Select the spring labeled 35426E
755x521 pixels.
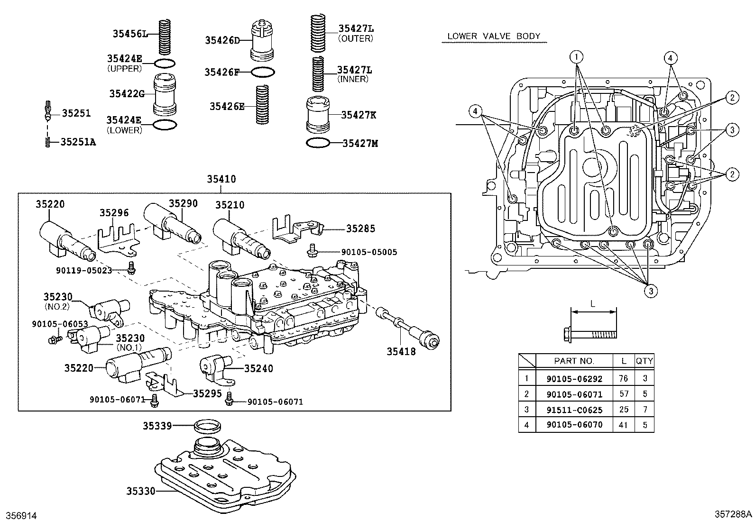click(262, 105)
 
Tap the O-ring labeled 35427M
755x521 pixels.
click(317, 143)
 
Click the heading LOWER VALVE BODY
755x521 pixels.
click(494, 36)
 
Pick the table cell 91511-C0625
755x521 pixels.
click(574, 409)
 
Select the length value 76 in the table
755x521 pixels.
click(623, 378)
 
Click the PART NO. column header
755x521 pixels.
click(574, 361)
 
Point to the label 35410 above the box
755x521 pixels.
click(221, 179)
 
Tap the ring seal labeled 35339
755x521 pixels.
click(207, 426)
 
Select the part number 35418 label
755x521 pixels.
click(401, 351)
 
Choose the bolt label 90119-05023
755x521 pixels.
click(83, 270)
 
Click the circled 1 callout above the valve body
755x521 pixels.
click(577, 57)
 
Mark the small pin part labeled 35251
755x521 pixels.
click(47, 111)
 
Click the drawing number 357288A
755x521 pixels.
click(733, 514)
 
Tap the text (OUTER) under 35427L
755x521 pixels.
click(355, 38)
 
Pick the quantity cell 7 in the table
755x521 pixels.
click(645, 409)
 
